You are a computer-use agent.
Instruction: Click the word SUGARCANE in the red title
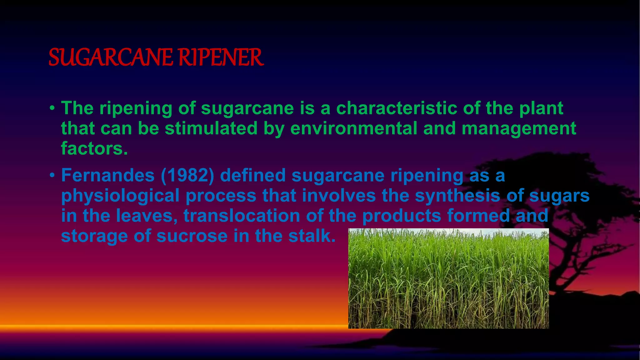[110, 57]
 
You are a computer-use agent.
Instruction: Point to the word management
[519, 128]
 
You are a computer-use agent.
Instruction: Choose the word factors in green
[94, 148]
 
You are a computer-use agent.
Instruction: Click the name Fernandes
[108, 175]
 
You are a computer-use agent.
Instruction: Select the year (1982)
[187, 175]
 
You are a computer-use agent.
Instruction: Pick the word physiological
[120, 196]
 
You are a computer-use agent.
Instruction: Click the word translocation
[242, 216]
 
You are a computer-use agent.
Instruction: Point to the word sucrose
[192, 236]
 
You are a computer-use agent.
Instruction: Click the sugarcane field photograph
[448, 278]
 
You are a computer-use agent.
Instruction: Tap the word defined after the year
[253, 175]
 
